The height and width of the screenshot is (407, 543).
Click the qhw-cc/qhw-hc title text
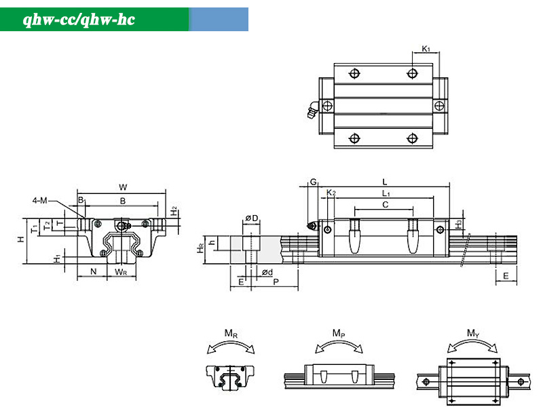coord(79,20)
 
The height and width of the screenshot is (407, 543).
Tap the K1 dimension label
coord(426,49)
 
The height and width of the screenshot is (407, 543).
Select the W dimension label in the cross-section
coord(123,187)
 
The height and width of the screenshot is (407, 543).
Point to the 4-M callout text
coord(39,200)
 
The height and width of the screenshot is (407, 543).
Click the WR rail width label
coord(121,272)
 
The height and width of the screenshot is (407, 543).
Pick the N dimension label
coord(93,271)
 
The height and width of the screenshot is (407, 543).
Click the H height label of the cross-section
coord(21,239)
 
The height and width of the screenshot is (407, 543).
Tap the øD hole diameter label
coord(252,218)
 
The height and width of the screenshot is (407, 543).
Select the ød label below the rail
coord(267,273)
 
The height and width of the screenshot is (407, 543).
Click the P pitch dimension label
coord(276,282)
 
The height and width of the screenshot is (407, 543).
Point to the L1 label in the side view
coord(386,193)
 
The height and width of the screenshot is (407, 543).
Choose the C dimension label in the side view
coord(386,205)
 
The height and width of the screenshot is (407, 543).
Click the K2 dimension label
coord(331,193)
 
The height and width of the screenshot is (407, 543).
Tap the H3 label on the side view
coord(458,225)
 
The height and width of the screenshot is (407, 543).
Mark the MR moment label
coord(231,333)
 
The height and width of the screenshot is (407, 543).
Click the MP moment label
coord(339,333)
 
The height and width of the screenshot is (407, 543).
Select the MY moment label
coord(472,333)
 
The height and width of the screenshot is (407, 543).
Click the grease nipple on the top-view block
coord(313,109)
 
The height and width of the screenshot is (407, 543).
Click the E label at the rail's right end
coord(506,276)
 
